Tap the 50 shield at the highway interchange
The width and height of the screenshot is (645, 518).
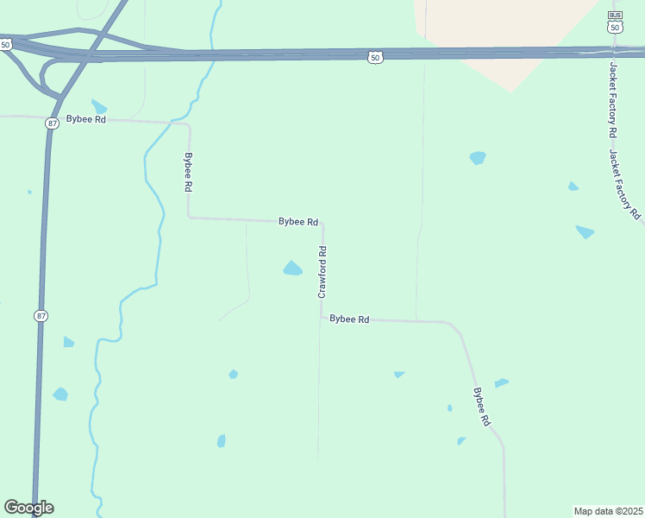point(5,43)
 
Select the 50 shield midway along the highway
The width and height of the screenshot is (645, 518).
point(374,57)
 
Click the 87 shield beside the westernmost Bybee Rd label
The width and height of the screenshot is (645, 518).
point(53,123)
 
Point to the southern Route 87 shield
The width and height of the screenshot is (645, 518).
point(41,316)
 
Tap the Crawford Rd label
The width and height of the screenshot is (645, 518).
point(322,272)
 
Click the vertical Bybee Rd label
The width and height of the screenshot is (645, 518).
point(189,173)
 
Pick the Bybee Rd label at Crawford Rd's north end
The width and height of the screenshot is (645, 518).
point(298,222)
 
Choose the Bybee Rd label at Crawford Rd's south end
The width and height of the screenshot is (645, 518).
point(349,319)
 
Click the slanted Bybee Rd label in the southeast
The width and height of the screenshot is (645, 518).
point(481,406)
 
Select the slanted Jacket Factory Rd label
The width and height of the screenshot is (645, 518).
point(625,183)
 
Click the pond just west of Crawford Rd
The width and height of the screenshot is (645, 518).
point(292,268)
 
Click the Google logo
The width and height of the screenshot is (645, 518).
point(28,508)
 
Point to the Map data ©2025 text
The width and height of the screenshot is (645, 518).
point(608,510)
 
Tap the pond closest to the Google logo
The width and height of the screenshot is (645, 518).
point(59,395)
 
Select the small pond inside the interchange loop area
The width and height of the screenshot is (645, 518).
point(99,106)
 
